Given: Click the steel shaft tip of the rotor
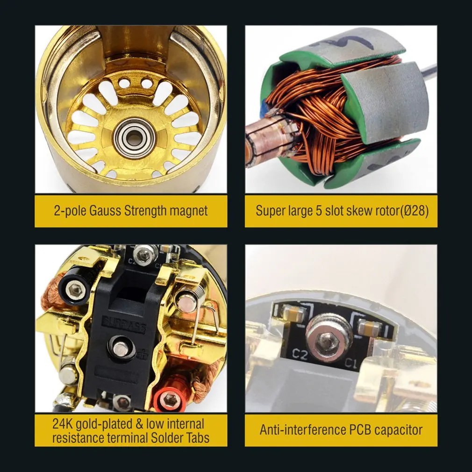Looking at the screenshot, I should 430,70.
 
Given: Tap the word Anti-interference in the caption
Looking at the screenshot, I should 300,429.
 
